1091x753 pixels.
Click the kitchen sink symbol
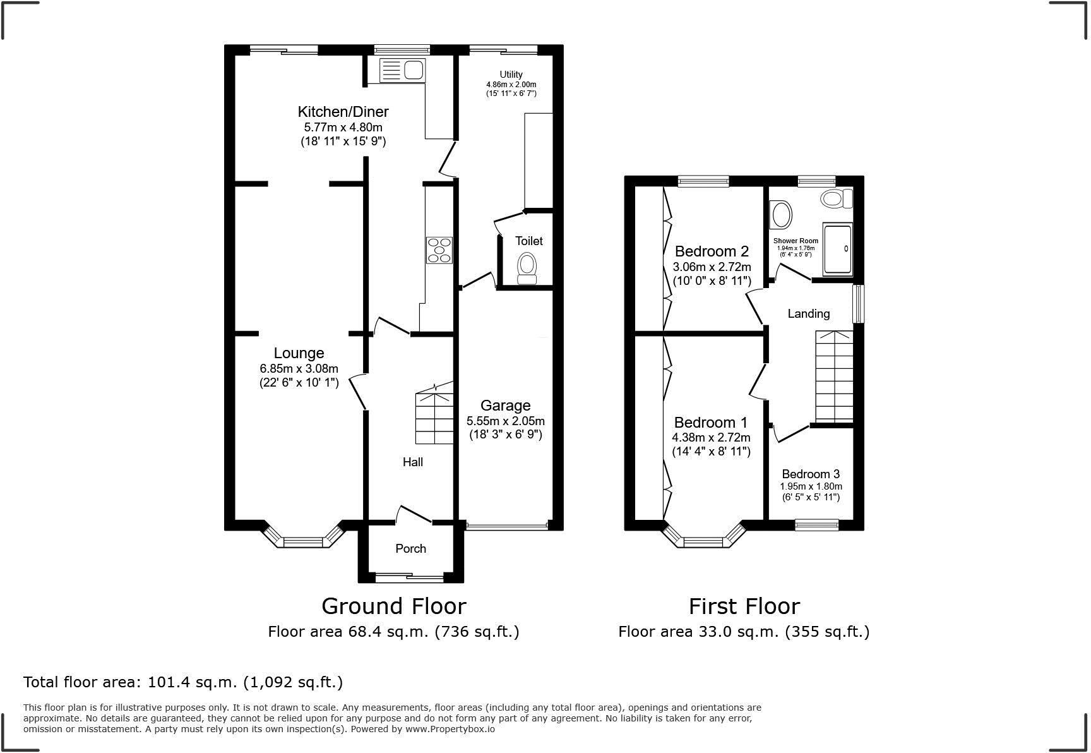(402, 70)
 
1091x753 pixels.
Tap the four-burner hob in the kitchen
(439, 250)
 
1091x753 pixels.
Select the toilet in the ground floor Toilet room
(527, 268)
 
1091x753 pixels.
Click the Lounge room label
(299, 354)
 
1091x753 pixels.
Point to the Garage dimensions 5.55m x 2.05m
(505, 421)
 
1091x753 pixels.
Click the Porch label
(410, 548)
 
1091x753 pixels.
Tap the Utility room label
(511, 75)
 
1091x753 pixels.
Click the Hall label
(413, 462)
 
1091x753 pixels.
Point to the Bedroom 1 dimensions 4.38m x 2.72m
(711, 438)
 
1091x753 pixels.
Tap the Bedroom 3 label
(810, 474)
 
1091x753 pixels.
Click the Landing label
(808, 314)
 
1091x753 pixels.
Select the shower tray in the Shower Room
(837, 249)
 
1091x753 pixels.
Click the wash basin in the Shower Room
(782, 215)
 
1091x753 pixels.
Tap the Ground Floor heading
(394, 606)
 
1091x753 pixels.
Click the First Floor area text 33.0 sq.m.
(744, 632)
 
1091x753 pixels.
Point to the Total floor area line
(183, 682)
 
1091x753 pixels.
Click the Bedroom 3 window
(816, 524)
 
